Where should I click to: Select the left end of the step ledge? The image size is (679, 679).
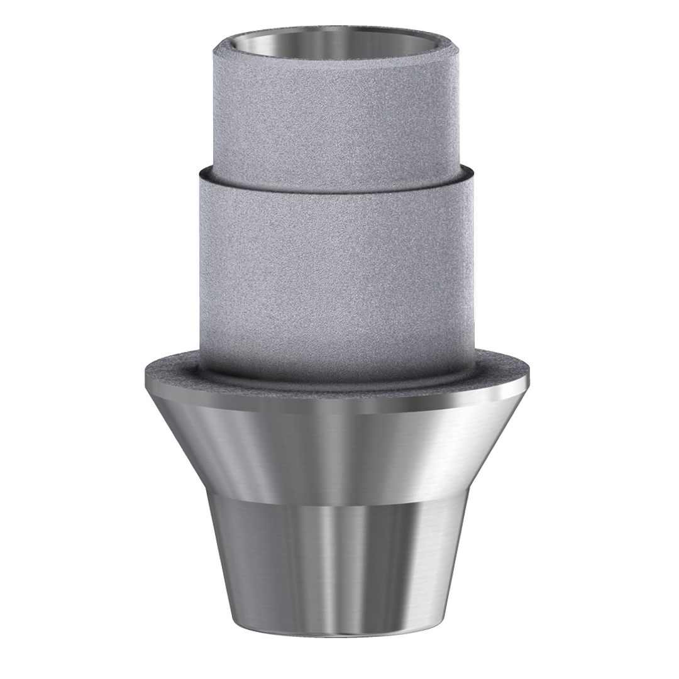(200, 171)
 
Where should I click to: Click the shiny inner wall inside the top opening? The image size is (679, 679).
(339, 35)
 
